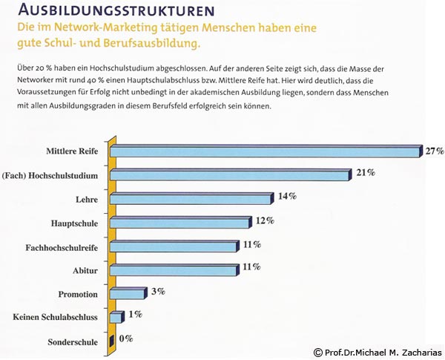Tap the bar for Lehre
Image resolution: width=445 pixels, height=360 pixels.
pos(191,200)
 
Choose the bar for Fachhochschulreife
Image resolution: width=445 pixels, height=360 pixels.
pos(174,247)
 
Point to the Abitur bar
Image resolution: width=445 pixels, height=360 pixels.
pos(174,270)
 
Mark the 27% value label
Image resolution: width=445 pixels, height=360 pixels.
pos(435,151)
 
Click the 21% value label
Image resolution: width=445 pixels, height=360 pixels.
pos(365,174)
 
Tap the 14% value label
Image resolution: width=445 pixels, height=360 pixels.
pos(287,197)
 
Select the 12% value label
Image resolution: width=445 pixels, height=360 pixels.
pos(265,220)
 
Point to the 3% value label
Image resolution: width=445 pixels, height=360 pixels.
pos(157,292)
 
